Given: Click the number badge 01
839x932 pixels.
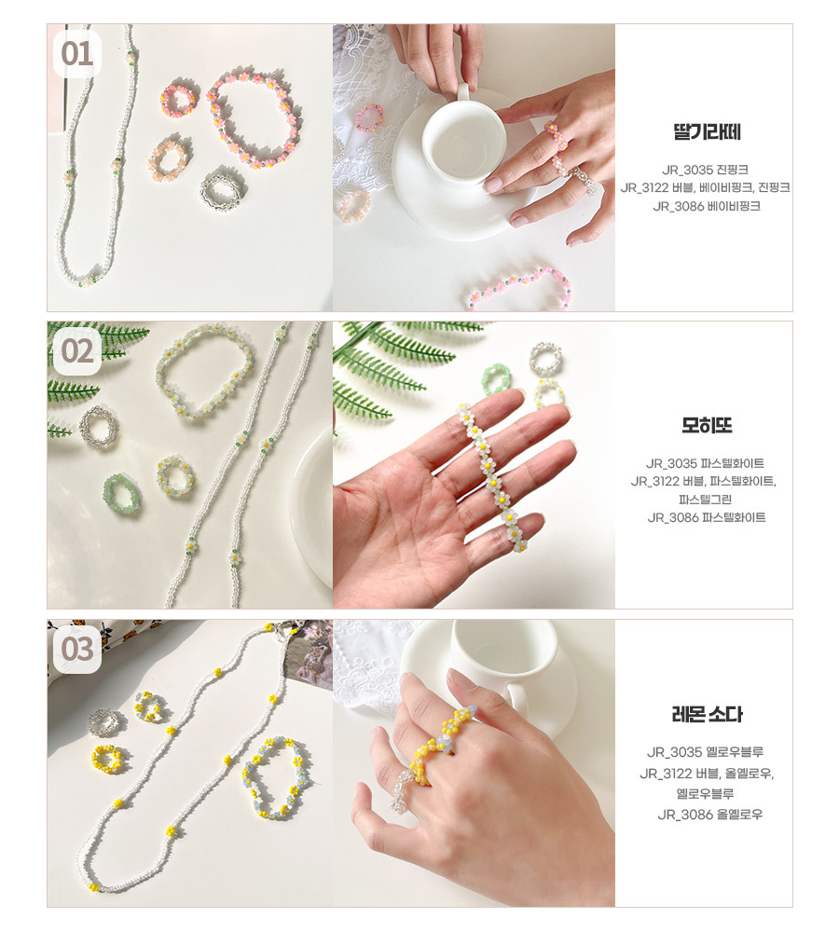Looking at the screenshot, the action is point(76,54).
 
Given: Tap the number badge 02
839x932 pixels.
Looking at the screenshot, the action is point(76,351).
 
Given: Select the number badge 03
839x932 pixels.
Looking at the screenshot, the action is point(76,649).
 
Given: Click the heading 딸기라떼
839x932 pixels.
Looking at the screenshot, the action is point(707,131).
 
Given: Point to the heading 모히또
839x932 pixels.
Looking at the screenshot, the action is point(707,425).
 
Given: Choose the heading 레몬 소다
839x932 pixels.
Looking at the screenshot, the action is point(707,714).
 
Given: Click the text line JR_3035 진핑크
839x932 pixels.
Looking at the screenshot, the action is point(705,170).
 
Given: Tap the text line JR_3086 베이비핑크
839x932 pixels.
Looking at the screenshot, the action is point(707,206).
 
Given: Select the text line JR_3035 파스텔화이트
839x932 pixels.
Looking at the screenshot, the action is point(705,463).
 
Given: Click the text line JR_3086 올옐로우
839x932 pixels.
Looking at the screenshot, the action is point(709,815).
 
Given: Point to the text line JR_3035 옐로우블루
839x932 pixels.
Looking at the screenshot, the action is point(705,752).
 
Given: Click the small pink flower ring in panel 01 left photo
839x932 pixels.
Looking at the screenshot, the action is point(178,97).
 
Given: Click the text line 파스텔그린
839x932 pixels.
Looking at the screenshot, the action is point(705,500).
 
